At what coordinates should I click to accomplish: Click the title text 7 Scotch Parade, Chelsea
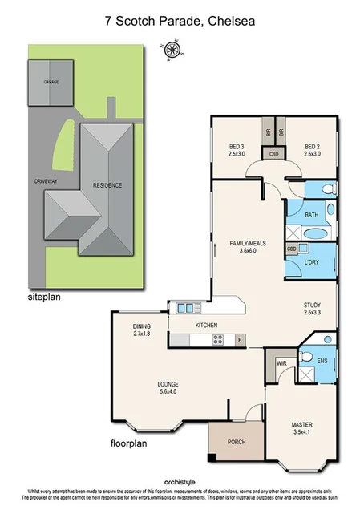coord(180,22)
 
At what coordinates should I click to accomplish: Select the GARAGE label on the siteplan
coord(51,82)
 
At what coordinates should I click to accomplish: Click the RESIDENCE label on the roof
coord(107,185)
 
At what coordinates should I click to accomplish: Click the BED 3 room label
coord(236,150)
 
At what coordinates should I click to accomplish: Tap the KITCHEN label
coord(207,325)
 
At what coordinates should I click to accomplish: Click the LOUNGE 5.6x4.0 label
coord(168,389)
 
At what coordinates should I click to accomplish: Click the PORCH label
coord(236,442)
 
